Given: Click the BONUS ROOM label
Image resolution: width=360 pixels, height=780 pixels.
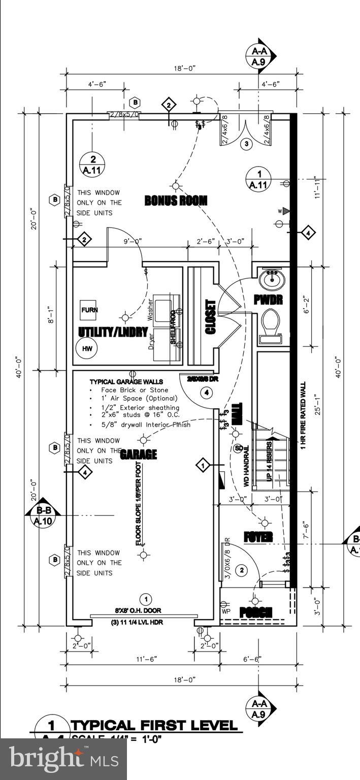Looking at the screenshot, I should coord(176,201).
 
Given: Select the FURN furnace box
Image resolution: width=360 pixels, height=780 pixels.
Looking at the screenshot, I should coord(89,310).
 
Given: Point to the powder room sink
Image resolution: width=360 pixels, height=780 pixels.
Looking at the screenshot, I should coord(272,279).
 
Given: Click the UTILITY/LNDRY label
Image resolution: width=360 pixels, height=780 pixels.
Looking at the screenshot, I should coord(113,332).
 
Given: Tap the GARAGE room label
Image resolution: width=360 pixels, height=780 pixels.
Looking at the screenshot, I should coord(138,454).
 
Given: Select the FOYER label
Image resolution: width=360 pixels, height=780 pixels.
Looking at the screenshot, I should coord(258,537).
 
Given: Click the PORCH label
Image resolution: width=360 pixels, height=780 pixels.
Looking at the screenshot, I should coord(256,612).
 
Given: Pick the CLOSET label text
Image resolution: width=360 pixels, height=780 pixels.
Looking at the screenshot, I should coord(210,317).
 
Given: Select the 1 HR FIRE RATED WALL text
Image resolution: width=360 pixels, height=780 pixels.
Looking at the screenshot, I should coord(303,415).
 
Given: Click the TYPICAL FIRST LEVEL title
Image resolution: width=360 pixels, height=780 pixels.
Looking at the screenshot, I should coord(154,726).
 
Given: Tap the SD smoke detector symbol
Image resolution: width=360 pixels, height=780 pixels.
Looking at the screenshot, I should coord(238,448).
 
